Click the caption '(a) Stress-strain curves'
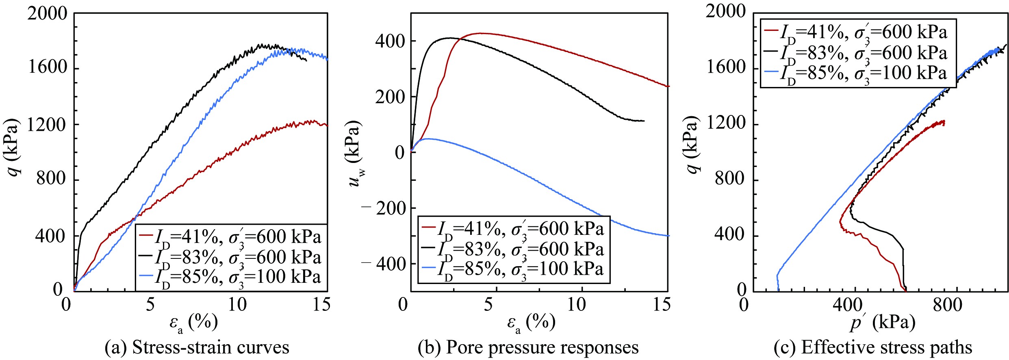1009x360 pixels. [x=197, y=348]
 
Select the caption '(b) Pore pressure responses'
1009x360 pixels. [x=528, y=348]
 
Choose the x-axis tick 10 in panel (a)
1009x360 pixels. [x=237, y=304]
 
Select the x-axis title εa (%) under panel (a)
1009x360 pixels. [x=193, y=323]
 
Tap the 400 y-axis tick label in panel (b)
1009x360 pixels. [x=390, y=41]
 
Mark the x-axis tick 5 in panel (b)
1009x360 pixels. [x=488, y=304]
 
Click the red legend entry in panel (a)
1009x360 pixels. [x=230, y=237]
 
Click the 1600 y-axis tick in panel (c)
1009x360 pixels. [x=726, y=67]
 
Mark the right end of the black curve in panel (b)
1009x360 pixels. [x=644, y=121]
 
